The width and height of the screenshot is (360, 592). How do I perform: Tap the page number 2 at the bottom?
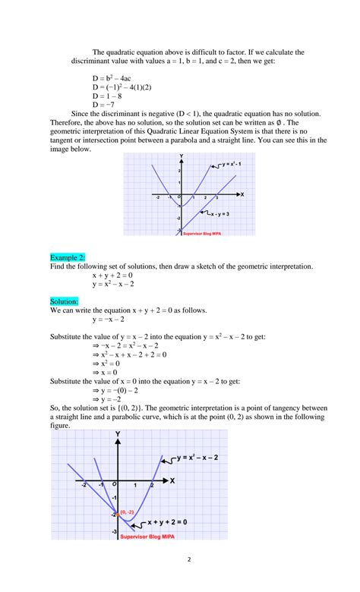point(180,562)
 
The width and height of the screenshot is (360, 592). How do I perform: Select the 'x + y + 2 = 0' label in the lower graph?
point(169,524)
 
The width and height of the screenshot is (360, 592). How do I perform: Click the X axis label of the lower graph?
point(172,480)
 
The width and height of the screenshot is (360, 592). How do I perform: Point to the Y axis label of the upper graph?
point(181,156)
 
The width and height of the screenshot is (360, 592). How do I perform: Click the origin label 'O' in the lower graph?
point(114,483)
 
